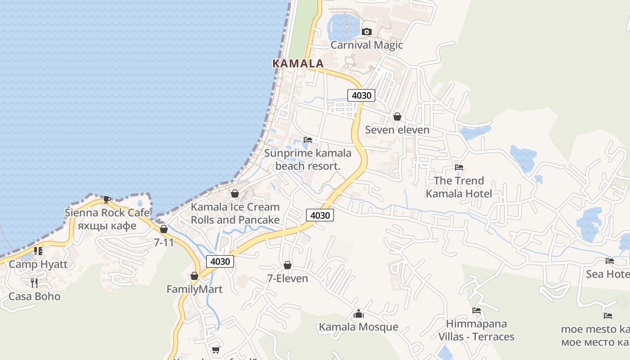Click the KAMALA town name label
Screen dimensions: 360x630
298,63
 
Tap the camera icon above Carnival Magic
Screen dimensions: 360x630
367,31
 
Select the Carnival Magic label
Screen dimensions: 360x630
367,45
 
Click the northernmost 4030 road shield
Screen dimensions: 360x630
361,95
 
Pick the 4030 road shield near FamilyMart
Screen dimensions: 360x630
220,261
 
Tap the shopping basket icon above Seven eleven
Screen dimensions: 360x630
397,117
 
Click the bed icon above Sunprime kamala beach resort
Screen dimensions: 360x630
308,140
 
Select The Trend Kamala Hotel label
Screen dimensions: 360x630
459,187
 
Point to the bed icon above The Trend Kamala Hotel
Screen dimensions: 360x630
459,167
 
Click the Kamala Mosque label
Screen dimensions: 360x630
358,327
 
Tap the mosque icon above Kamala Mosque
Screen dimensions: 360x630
358,314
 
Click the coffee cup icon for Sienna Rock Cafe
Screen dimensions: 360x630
107,199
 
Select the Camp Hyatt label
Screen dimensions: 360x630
38,264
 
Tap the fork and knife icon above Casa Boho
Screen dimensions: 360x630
34,283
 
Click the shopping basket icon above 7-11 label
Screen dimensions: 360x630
163,229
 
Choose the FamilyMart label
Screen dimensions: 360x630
194,289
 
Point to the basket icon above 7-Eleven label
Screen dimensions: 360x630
288,265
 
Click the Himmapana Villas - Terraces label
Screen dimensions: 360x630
477,330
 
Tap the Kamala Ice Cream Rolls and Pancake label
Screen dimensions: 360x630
235,213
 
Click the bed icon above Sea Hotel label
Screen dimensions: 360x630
610,261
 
